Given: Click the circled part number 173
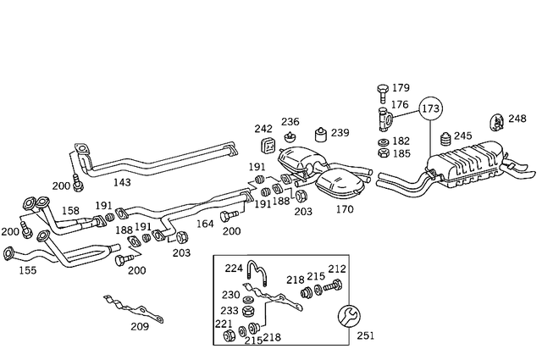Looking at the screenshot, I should (430, 109).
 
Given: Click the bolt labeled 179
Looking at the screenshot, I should (380, 90).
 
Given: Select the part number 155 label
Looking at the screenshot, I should (28, 272).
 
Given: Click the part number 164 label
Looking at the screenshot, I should (206, 224).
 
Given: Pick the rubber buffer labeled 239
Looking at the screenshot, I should (320, 135).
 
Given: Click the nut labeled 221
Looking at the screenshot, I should (228, 337).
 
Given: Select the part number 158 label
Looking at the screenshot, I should (70, 210).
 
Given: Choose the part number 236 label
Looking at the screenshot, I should (290, 122).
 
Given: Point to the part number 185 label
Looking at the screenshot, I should (401, 154).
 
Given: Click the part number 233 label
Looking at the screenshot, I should (230, 310).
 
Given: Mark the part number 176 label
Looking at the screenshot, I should (400, 105).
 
